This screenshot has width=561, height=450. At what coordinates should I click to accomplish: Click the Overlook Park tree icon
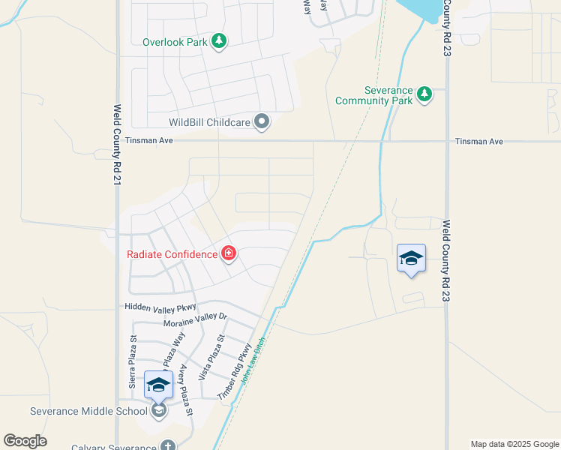pyautogui.click(x=218, y=41)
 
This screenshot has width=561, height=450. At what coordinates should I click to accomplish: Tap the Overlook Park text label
pyautogui.click(x=175, y=42)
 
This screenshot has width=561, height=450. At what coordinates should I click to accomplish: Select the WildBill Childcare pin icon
pyautogui.click(x=262, y=121)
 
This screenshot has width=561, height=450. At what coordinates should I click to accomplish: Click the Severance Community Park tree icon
pyautogui.click(x=424, y=94)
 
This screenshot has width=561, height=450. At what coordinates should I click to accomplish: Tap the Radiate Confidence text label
pyautogui.click(x=172, y=254)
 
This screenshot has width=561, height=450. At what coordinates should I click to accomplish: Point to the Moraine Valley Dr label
pyautogui.click(x=195, y=320)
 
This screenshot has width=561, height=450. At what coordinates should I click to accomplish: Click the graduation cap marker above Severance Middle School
pyautogui.click(x=158, y=385)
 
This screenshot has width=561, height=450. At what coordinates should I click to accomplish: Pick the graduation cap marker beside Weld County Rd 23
pyautogui.click(x=411, y=258)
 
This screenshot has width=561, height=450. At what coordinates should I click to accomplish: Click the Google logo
pyautogui.click(x=25, y=441)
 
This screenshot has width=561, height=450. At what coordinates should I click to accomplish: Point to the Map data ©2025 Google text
pyautogui.click(x=514, y=444)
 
